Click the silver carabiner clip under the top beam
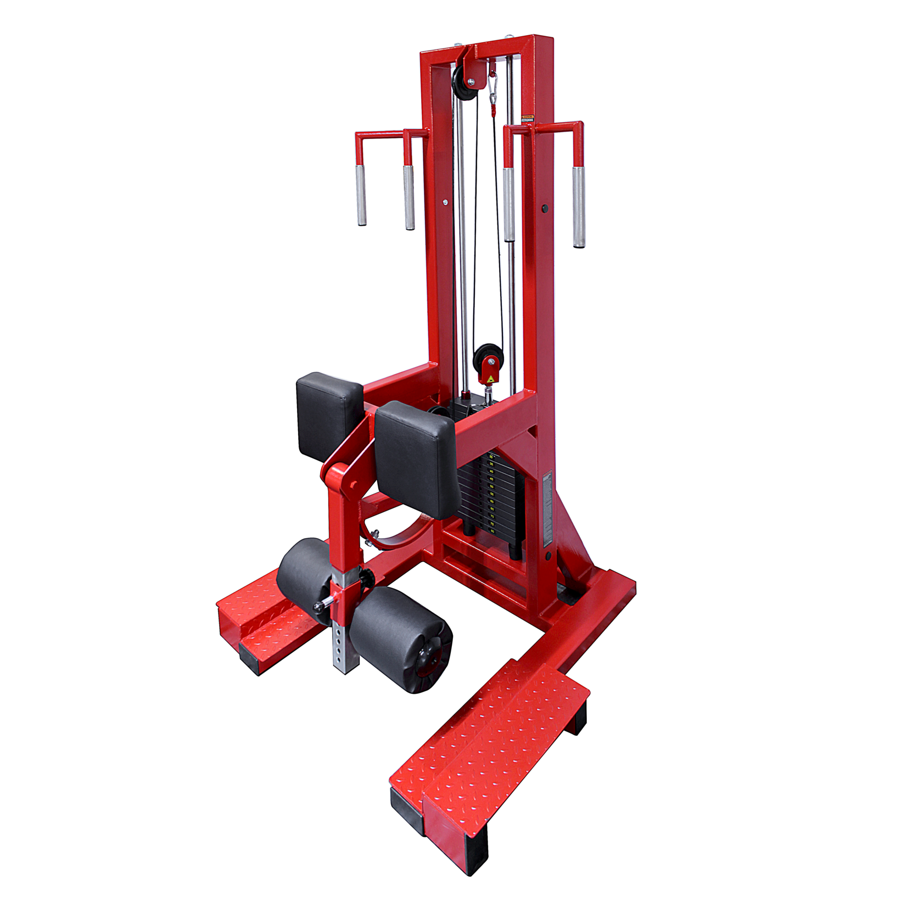(x=493, y=87)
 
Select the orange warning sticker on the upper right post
(x=527, y=117)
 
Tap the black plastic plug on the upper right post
(x=545, y=209)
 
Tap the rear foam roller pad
(x=305, y=573)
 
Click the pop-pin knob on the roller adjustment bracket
(x=319, y=606)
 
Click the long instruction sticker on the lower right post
(x=546, y=511)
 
